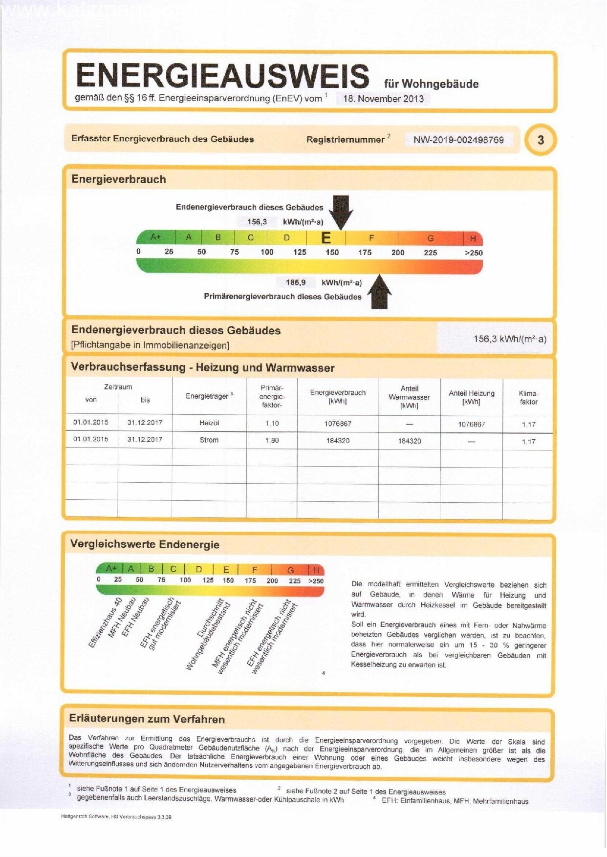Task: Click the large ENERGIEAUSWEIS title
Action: coord(222,76)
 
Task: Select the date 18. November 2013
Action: coord(383,99)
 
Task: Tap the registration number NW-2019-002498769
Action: coord(458,140)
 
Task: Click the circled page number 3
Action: coord(541,140)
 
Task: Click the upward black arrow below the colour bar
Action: coord(380,292)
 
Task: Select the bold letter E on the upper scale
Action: coord(326,238)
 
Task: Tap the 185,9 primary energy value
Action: coord(296,282)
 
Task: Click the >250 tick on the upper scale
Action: coord(473,253)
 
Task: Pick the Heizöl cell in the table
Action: coord(209,423)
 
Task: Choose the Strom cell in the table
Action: coord(209,440)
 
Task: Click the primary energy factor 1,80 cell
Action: coord(272,441)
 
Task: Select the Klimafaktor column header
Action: coord(528,398)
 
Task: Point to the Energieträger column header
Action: coord(209,396)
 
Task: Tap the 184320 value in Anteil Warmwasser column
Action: coord(410,441)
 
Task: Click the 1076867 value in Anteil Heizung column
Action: coord(471,424)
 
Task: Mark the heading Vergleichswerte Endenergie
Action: coord(145,545)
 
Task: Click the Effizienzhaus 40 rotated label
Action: coord(105,622)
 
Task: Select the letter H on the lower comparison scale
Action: coord(316,570)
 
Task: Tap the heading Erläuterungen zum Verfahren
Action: coord(147,719)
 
